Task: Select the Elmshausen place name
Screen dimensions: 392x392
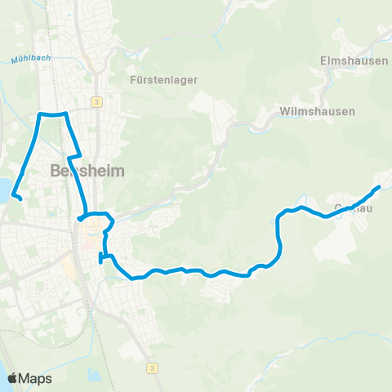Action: pos(342,60)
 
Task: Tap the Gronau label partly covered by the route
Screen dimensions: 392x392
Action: pos(354,208)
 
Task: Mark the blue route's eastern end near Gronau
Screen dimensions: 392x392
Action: pos(379,188)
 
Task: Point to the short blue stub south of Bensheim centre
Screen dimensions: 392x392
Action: pos(101,258)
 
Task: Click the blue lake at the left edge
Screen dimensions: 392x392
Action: pos(3,190)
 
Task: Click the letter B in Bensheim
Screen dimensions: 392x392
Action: pos(56,172)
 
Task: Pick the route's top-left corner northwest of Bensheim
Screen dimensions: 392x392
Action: pos(40,114)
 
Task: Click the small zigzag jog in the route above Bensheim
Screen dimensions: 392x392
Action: pos(73,155)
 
